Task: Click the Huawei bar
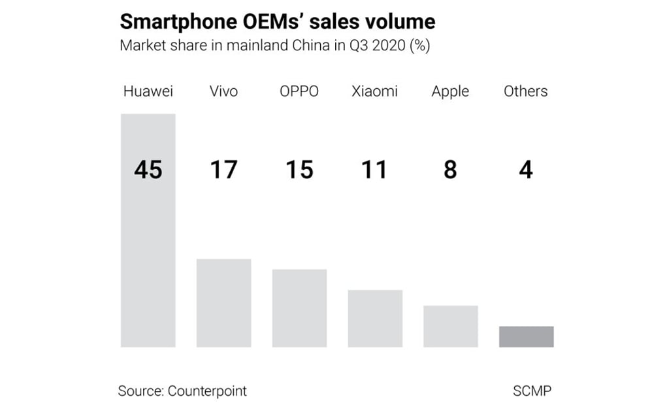[x=148, y=261]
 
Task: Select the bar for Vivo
[x=223, y=303]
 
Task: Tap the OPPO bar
[x=299, y=308]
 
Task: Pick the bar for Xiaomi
[x=375, y=319]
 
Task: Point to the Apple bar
[x=451, y=327]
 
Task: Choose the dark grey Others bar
[x=527, y=337]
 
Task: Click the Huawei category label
[x=148, y=91]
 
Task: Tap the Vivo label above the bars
[x=223, y=91]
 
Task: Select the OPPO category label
[x=299, y=91]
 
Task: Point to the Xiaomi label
[x=374, y=91]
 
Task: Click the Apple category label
[x=450, y=92]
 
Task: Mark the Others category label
[x=526, y=91]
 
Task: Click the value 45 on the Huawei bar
[x=148, y=170]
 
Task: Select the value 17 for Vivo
[x=223, y=170]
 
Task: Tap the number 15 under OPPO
[x=299, y=170]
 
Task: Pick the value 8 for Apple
[x=450, y=170]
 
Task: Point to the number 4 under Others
[x=526, y=170]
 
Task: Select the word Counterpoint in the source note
[x=207, y=391]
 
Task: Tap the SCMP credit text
[x=532, y=391]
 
